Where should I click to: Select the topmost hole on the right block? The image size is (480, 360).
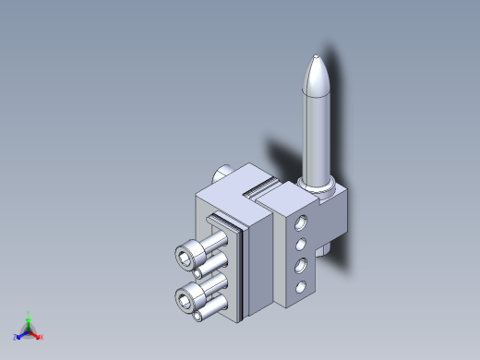click(x=300, y=222)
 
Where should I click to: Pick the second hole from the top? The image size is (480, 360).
click(x=300, y=245)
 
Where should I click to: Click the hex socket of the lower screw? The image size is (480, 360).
click(x=189, y=297)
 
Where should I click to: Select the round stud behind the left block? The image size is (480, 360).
click(x=223, y=173)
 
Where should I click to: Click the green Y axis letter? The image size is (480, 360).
click(x=29, y=313)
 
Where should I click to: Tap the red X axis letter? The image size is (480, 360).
click(x=42, y=337)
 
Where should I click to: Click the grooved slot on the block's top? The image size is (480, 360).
click(x=258, y=192)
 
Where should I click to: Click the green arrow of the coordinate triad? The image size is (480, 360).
click(x=29, y=322)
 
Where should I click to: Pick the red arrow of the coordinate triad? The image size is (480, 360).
click(x=35, y=334)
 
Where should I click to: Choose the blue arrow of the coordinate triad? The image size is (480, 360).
click(x=22, y=334)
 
